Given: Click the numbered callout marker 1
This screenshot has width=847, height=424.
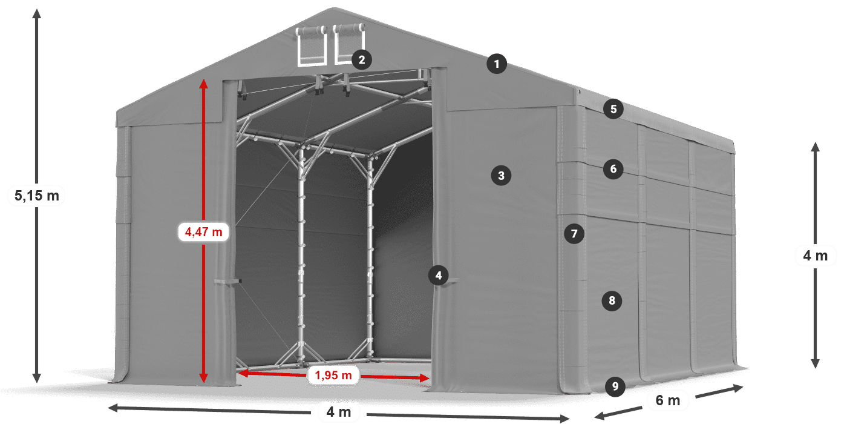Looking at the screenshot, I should click(497, 64).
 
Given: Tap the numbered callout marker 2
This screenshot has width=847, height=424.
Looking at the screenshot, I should click(361, 59).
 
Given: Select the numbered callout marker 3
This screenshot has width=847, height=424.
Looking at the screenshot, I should click(501, 176).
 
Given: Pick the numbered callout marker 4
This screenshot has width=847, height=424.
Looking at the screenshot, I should click(438, 276).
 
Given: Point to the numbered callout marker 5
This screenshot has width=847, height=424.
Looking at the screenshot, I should click(613, 109).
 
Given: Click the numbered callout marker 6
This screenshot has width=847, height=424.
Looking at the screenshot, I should click(613, 168).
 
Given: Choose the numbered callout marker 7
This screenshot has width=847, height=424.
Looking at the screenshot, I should click(574, 233).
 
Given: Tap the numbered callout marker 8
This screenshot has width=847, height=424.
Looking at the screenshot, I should click(612, 300).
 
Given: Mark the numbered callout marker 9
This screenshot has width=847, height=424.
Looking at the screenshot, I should click(615, 386).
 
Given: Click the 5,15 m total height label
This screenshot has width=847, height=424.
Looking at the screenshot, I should click(36, 196).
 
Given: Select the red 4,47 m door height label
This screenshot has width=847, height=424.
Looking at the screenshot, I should click(203, 231).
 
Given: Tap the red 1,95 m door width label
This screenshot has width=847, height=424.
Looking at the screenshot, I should click(333, 376).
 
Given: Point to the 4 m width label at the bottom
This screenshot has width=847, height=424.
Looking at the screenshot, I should click(338, 412).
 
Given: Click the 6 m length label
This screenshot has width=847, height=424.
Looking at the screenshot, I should click(667, 400).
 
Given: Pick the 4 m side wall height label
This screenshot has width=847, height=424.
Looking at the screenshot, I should click(815, 256).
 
